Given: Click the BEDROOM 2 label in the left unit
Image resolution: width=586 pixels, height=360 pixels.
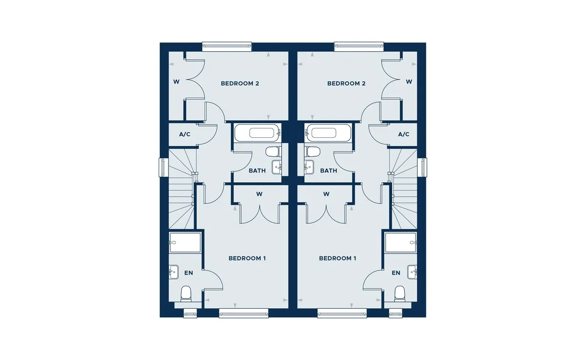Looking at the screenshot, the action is [x=240, y=84].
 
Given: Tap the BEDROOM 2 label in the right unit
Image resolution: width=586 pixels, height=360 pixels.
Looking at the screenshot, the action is [x=346, y=84].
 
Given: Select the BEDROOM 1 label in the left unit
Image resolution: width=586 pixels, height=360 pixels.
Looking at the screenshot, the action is [x=247, y=258].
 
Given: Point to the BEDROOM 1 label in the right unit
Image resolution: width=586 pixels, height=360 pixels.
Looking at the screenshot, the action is [x=337, y=258].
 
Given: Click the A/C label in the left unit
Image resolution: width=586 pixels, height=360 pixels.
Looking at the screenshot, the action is [x=185, y=134].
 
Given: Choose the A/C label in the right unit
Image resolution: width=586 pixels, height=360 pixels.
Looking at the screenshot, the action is [x=404, y=134].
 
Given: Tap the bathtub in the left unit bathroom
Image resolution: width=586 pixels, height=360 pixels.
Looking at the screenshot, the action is [x=258, y=133].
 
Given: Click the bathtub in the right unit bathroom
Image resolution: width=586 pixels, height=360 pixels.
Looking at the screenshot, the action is [x=328, y=133].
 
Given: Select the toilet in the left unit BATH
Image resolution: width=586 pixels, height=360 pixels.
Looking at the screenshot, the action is [x=273, y=151].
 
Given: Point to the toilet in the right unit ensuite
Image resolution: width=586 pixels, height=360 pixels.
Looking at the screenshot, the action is [x=399, y=294].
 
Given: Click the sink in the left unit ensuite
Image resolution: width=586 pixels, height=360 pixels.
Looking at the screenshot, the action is [x=173, y=272].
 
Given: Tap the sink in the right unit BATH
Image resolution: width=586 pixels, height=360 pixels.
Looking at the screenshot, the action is [x=309, y=167].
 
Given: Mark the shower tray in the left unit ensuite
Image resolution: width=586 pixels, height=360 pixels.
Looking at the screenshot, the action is [x=185, y=243].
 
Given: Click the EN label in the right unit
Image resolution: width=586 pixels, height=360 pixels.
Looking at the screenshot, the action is [x=396, y=273].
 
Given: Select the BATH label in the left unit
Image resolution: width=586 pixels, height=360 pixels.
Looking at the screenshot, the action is [x=257, y=170].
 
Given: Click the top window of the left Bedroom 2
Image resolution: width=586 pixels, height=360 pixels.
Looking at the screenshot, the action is [x=227, y=46].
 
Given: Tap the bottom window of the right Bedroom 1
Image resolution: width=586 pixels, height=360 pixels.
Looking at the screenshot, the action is [x=342, y=313].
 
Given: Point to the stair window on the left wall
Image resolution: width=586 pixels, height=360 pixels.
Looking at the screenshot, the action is [x=164, y=168].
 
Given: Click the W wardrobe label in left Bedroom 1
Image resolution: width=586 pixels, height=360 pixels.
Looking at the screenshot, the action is [x=259, y=194].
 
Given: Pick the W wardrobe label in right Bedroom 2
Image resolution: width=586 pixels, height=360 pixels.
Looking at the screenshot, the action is [x=409, y=82].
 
